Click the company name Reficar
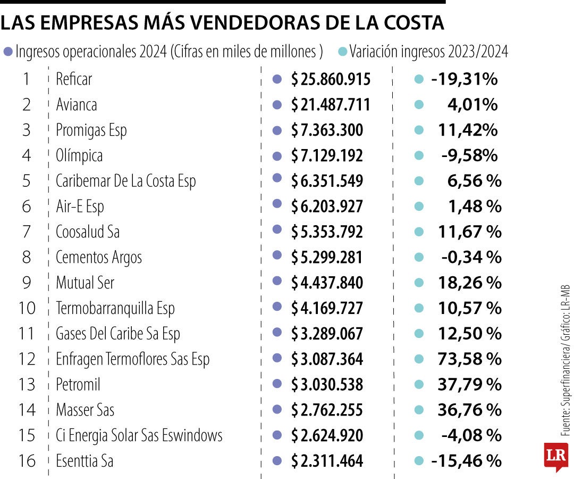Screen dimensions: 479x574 point(74,79)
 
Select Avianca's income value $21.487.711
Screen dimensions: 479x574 point(330,105)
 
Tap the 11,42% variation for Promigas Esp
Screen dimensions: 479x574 point(468,130)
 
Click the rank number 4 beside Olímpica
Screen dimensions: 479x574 point(27,155)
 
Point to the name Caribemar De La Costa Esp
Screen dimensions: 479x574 point(126,181)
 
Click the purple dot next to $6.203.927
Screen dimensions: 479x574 point(276,206)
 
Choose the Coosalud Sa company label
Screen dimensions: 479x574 point(88,232)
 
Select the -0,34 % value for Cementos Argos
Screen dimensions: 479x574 point(471,258)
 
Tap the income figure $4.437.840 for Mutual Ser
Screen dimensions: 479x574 point(327,283)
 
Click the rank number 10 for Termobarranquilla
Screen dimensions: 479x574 point(27,308)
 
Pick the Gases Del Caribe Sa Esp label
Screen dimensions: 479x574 point(118,334)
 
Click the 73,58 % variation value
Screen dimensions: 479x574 point(469,359)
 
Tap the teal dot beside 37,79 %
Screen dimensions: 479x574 point(418,384)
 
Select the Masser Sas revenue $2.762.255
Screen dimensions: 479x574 point(327,410)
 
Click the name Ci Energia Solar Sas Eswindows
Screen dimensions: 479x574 point(139,435)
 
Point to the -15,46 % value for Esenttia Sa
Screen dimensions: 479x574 point(466,461)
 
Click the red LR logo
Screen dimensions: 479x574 point(555,457)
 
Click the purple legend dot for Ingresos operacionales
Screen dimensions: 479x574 point(8,52)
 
